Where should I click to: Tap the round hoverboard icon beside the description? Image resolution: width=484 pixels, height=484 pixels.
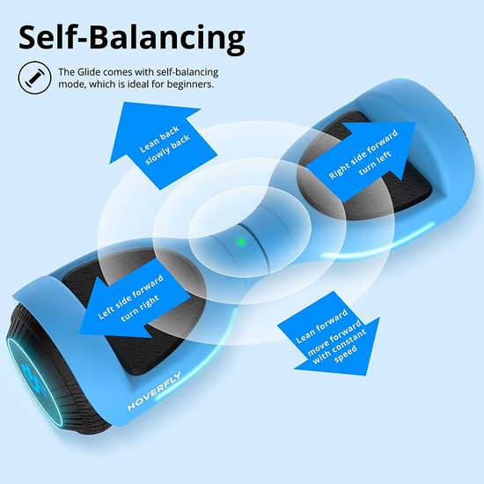coord(34,77)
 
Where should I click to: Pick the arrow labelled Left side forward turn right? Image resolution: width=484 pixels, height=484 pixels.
coord(133,304)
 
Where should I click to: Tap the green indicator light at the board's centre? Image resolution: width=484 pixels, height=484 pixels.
coord(241,242)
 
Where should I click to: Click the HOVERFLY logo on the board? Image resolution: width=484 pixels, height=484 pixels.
coord(154,391)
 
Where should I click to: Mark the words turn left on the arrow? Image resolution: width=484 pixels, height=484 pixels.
coord(376,163)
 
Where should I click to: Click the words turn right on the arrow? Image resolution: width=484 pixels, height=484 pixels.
coord(141,308)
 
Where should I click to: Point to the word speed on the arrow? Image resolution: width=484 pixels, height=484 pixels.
coord(346,354)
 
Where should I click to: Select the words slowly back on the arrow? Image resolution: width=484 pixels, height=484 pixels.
coord(167,150)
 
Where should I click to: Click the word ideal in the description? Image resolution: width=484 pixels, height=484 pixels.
coord(136,84)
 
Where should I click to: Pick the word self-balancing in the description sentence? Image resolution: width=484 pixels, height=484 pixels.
coord(187,72)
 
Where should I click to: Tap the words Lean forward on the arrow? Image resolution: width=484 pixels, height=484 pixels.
coord(321,326)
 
